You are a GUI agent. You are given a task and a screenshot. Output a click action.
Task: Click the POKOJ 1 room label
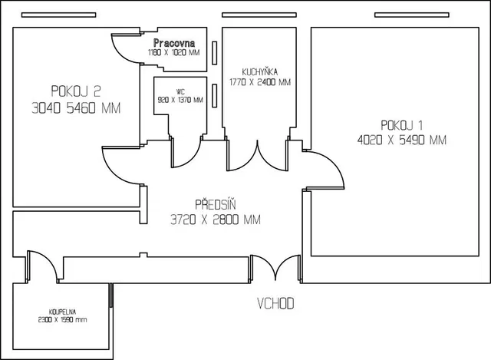tap(401, 125)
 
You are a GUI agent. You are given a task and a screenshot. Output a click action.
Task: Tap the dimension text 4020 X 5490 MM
tap(401, 140)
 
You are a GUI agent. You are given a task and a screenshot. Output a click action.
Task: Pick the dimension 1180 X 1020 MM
tap(174, 53)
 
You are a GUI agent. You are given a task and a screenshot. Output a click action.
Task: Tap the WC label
tap(180, 91)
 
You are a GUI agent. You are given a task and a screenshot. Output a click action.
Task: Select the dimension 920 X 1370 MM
tap(180, 99)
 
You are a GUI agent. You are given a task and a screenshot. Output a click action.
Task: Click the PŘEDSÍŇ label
tap(215, 205)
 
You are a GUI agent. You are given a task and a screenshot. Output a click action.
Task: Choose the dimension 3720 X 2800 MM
tap(216, 220)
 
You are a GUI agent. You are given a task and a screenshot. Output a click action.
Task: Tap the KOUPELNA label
tap(62, 312)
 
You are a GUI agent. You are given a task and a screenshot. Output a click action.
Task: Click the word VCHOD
tap(275, 304)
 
